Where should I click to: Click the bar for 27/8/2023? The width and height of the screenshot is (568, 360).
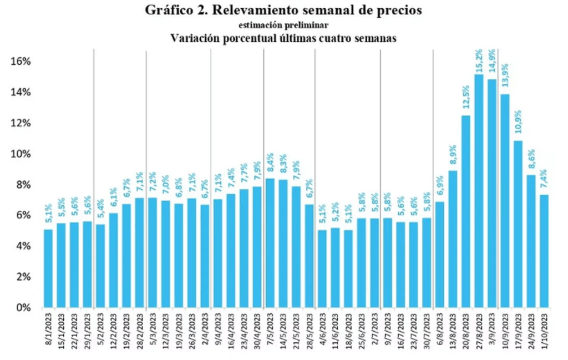[x=479, y=191]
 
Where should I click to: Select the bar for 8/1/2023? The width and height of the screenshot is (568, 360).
[x=48, y=268]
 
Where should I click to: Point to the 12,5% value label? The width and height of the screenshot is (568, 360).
[x=465, y=102]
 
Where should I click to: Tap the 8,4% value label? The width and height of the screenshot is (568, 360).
[x=270, y=165]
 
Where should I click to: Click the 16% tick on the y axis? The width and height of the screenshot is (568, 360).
[x=21, y=61]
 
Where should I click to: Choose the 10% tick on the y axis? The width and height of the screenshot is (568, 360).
[x=21, y=154]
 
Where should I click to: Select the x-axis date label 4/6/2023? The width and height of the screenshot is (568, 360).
[x=322, y=331]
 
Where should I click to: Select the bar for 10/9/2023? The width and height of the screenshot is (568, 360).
[x=505, y=201]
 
